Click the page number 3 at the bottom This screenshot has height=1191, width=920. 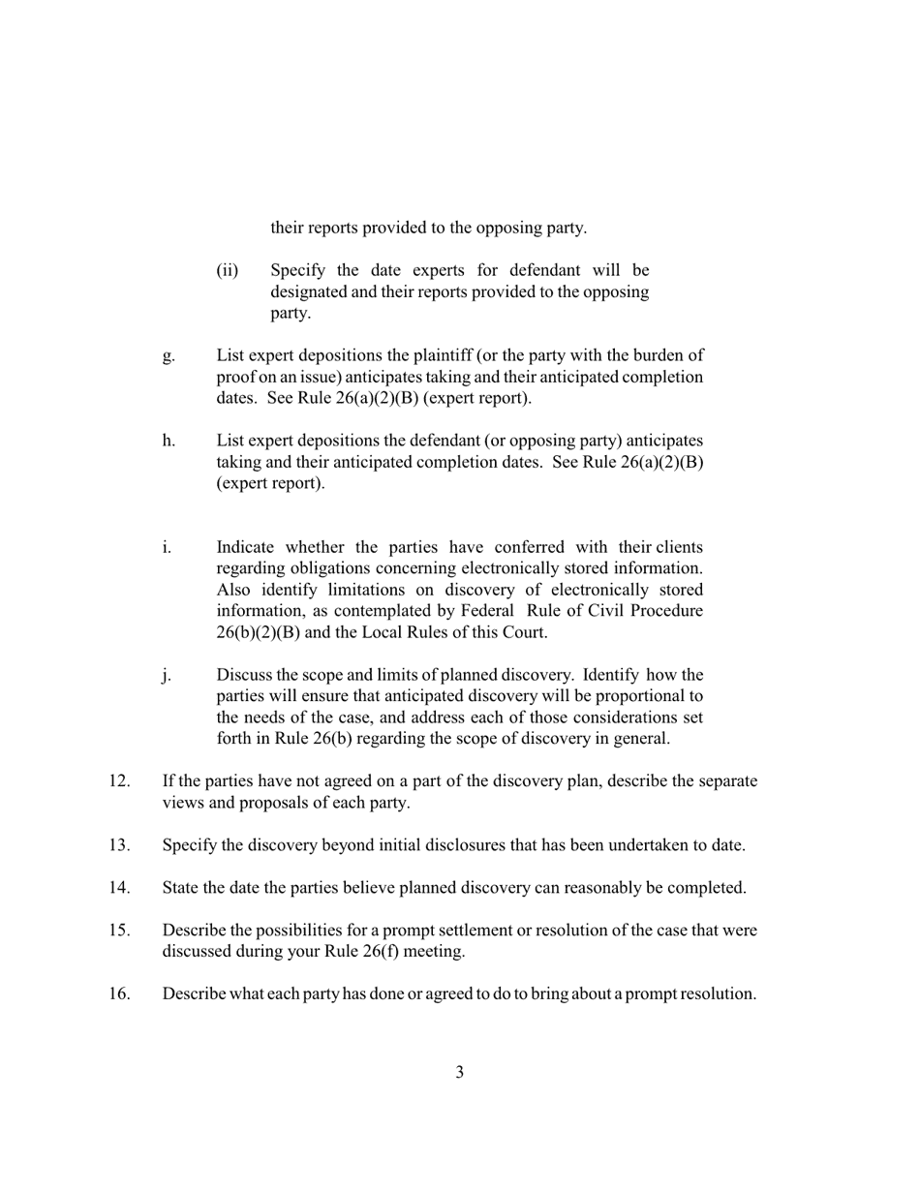(x=459, y=1072)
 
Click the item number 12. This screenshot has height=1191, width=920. (x=119, y=780)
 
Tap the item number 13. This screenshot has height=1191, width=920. (x=119, y=844)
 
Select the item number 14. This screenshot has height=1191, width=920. (x=119, y=887)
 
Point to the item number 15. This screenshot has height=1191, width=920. (x=119, y=930)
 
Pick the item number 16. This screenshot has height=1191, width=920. (x=119, y=993)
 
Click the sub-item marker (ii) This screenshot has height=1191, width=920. (x=227, y=269)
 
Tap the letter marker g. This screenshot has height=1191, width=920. (x=169, y=355)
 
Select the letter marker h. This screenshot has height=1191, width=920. (x=169, y=441)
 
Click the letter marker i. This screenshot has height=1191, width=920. (x=167, y=547)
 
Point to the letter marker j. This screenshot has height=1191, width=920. (x=167, y=675)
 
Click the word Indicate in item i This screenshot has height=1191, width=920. (x=245, y=547)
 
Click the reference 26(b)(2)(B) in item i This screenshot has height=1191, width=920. (x=258, y=632)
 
